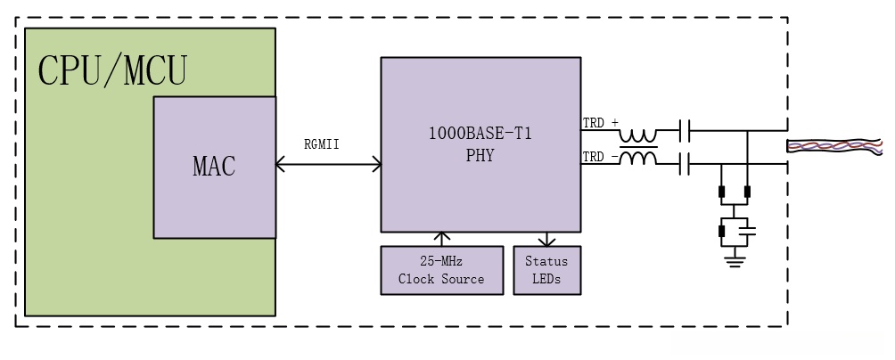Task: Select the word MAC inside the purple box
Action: point(214,167)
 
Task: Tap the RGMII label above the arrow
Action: point(322,145)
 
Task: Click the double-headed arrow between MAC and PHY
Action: point(328,165)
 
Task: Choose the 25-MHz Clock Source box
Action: point(440,270)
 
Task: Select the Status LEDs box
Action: point(546,270)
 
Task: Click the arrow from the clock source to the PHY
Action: point(440,238)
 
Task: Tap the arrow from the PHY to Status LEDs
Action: point(546,238)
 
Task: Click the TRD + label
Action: point(599,124)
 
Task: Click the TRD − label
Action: point(599,158)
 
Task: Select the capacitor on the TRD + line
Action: point(683,132)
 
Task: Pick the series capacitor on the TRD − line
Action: point(683,164)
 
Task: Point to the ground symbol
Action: point(734,261)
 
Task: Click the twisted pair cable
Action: point(833,147)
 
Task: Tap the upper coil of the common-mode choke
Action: point(638,134)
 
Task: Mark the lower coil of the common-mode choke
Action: point(638,159)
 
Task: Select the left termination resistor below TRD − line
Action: point(720,191)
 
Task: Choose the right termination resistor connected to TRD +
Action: point(747,191)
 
